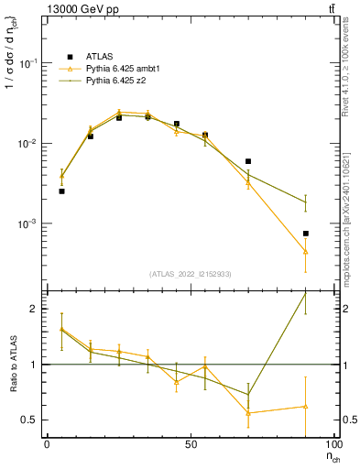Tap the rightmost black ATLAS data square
(x=306, y=234)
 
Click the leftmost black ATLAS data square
(x=61, y=191)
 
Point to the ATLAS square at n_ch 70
(x=248, y=161)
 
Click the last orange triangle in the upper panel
(x=306, y=252)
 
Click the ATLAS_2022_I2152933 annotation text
(x=191, y=275)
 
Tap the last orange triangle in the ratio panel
(x=306, y=407)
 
